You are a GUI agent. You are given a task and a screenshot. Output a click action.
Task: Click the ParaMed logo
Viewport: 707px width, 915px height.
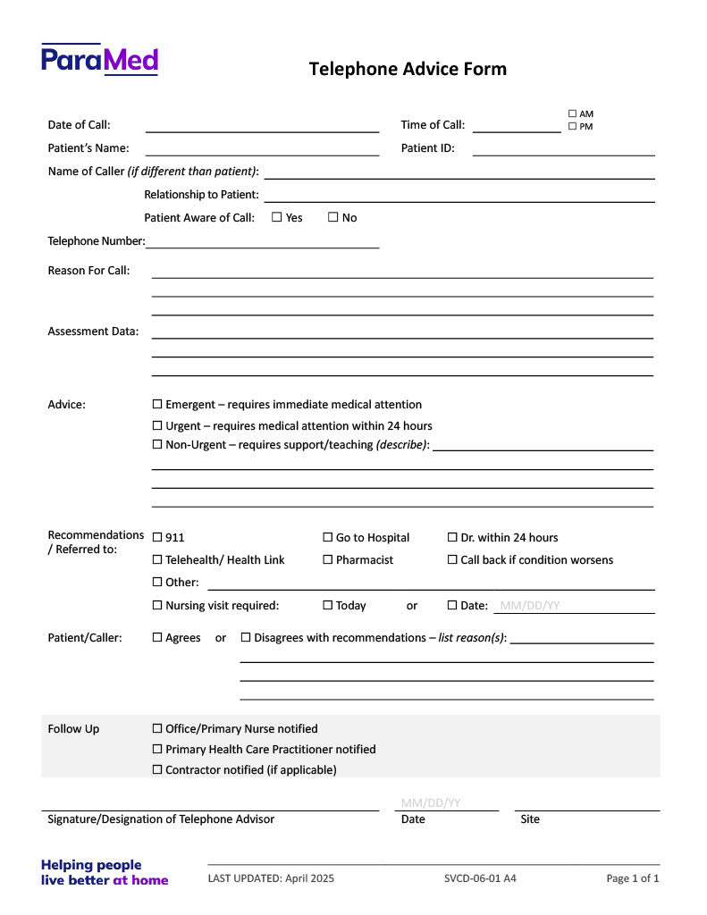pyautogui.click(x=99, y=59)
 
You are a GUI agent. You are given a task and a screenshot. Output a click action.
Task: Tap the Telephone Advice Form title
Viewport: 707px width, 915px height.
pyautogui.click(x=408, y=69)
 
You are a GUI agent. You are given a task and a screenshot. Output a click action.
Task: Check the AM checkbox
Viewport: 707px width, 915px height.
pyautogui.click(x=572, y=113)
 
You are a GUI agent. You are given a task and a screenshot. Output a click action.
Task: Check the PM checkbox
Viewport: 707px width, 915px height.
pyautogui.click(x=572, y=126)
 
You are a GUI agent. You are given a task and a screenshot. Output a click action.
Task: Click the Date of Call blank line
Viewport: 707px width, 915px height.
pyautogui.click(x=262, y=126)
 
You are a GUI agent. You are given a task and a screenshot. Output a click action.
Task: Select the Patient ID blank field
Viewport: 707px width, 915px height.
pyautogui.click(x=563, y=149)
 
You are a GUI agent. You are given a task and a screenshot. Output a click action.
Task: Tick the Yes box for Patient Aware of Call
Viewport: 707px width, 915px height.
pyautogui.click(x=277, y=217)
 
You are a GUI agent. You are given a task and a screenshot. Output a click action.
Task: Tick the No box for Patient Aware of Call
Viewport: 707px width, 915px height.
pyautogui.click(x=333, y=217)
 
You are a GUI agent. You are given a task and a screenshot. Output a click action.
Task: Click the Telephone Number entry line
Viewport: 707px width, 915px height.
pyautogui.click(x=262, y=241)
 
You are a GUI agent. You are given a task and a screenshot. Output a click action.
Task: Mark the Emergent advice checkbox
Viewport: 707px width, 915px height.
pyautogui.click(x=158, y=405)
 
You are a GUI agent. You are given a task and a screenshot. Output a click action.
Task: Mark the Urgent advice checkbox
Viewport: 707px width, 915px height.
pyautogui.click(x=158, y=426)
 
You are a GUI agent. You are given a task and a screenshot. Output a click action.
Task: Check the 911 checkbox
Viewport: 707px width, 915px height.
pyautogui.click(x=158, y=537)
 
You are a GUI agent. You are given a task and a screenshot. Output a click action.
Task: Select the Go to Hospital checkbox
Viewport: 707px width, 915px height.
pyautogui.click(x=328, y=537)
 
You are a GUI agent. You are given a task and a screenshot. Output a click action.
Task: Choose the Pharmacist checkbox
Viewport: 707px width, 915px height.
pyautogui.click(x=328, y=560)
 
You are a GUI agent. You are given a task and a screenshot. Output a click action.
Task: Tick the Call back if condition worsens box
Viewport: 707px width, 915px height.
pyautogui.click(x=452, y=560)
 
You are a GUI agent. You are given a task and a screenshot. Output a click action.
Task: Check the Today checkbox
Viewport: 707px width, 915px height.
pyautogui.click(x=328, y=605)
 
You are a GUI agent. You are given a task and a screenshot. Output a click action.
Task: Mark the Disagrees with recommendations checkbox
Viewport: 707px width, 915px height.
pyautogui.click(x=247, y=637)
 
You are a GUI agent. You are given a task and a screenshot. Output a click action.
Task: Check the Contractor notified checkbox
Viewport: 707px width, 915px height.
pyautogui.click(x=158, y=769)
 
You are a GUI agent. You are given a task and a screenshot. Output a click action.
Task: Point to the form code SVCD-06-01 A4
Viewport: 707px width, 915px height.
pyautogui.click(x=480, y=878)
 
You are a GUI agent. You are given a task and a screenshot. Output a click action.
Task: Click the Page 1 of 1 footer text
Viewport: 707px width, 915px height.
pyautogui.click(x=633, y=878)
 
